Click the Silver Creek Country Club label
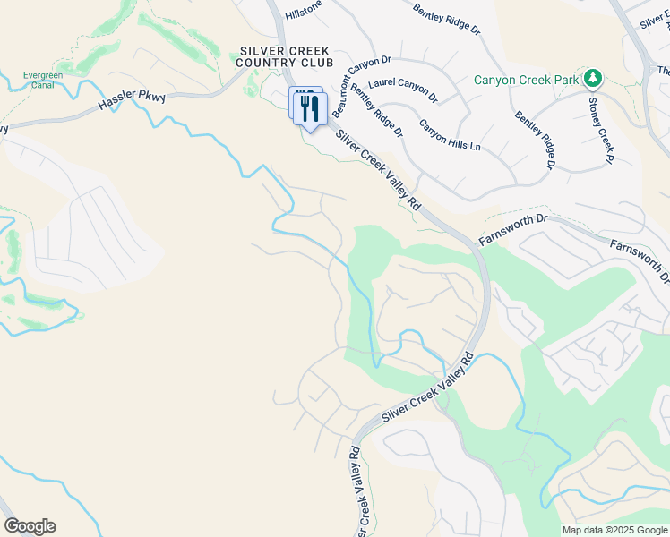pos(284,57)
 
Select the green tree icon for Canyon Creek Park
pos(591,79)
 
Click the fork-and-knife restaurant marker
pos(309,109)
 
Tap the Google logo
pos(30,526)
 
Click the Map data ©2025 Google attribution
pos(614,530)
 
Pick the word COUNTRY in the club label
pos(284,63)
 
